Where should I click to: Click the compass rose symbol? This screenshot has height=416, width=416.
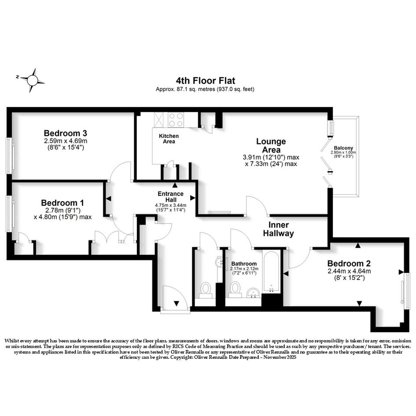click(x=33, y=80)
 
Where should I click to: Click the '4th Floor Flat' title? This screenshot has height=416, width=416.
click(x=205, y=80)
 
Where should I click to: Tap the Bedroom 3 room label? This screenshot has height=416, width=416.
click(x=66, y=133)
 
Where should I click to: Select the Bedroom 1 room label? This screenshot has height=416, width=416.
click(x=63, y=203)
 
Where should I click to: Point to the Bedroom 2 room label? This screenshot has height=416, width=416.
click(x=349, y=263)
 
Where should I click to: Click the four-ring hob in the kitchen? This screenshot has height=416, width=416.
click(x=176, y=120)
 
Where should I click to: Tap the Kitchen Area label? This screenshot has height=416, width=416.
click(x=169, y=139)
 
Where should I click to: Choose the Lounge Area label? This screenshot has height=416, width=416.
click(x=271, y=145)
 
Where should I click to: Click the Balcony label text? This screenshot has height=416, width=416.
click(x=343, y=148)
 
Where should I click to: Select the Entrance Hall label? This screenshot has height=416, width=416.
click(x=171, y=197)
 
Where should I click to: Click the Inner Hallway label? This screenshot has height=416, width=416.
click(x=278, y=229)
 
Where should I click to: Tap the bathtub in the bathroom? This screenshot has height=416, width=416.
click(x=271, y=271)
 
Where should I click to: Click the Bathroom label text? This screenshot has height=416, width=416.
click(x=244, y=264)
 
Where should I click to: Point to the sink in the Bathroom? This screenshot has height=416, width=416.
click(x=254, y=293)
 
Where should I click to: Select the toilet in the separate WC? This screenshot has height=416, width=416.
click(x=205, y=291)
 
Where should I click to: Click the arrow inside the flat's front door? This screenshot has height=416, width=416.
click(x=177, y=303)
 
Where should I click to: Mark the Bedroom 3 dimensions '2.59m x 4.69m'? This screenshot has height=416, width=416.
click(x=66, y=141)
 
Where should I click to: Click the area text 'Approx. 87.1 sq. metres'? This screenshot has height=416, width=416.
click(x=185, y=89)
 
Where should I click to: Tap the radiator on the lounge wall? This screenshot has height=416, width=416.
click(x=219, y=212)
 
